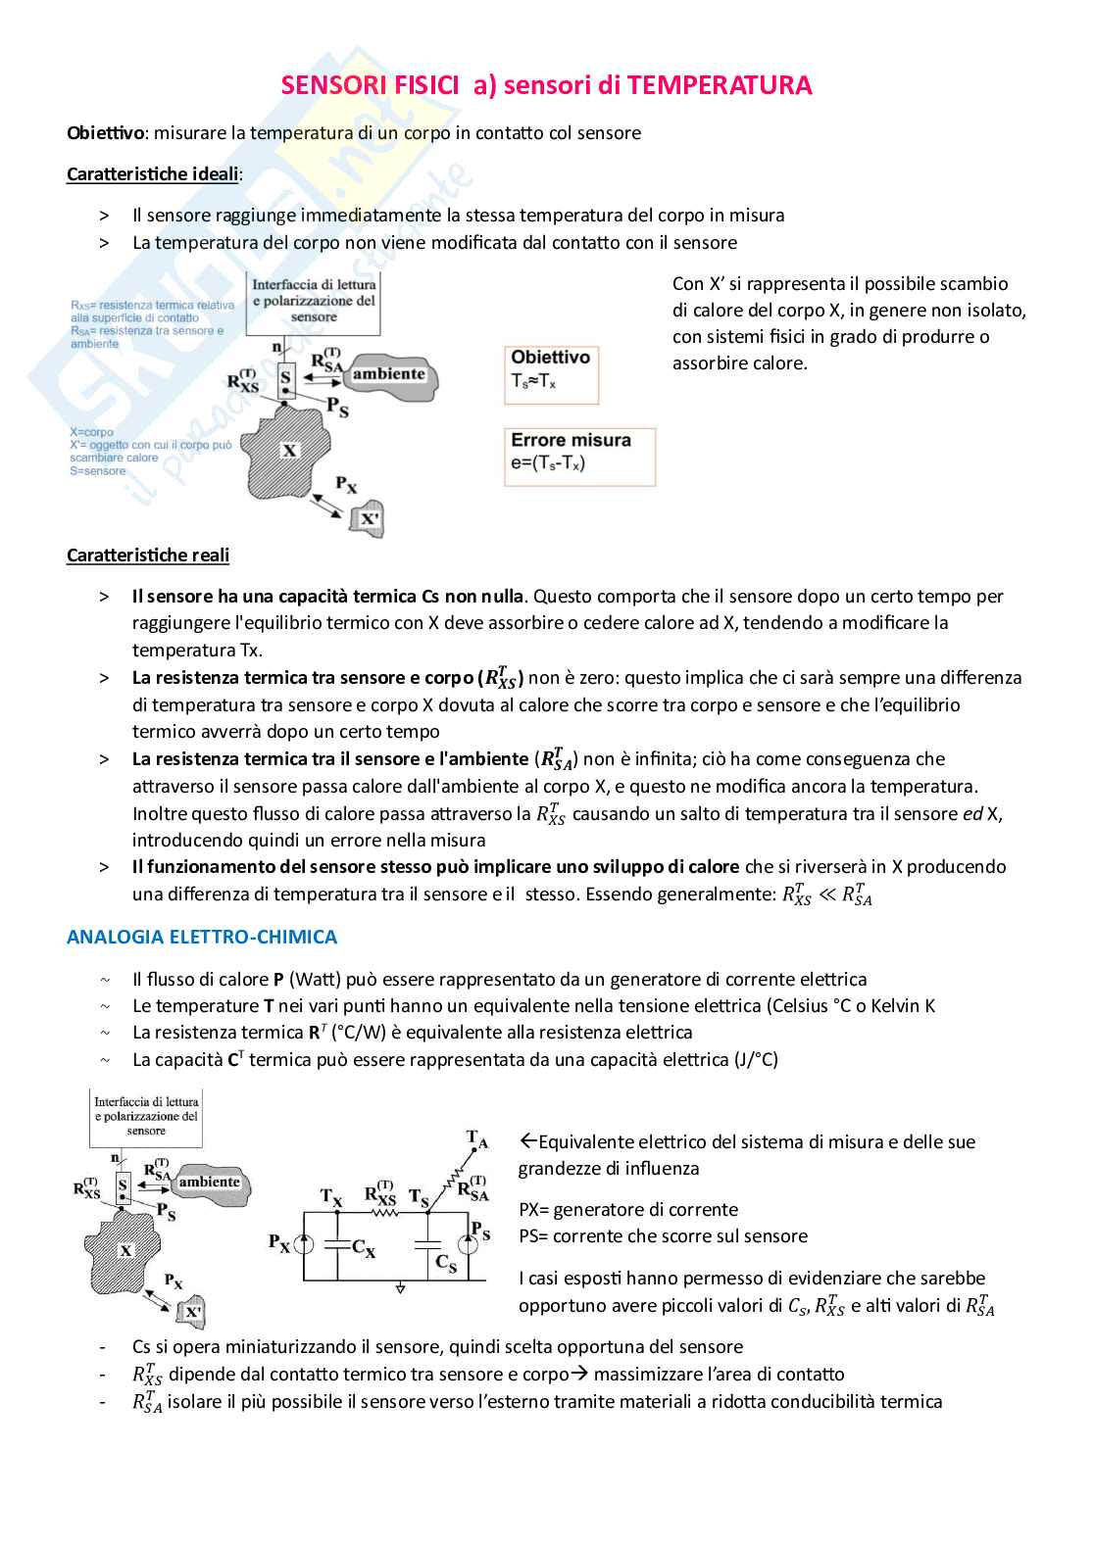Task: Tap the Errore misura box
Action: [x=580, y=457]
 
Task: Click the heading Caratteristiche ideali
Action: [x=153, y=174]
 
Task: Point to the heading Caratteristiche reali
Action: [x=148, y=556]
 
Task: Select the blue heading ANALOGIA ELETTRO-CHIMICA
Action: [x=202, y=938]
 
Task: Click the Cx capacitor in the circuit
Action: [x=338, y=1245]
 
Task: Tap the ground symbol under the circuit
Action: [x=400, y=1288]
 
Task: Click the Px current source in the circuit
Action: [x=304, y=1245]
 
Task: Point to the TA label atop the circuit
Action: [x=476, y=1138]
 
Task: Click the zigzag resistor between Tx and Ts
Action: [x=383, y=1213]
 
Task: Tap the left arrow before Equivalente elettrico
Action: [x=527, y=1141]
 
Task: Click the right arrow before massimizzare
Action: [x=579, y=1375]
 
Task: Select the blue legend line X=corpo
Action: [x=92, y=432]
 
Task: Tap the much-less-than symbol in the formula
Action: [x=826, y=894]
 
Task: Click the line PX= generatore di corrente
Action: [x=628, y=1210]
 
